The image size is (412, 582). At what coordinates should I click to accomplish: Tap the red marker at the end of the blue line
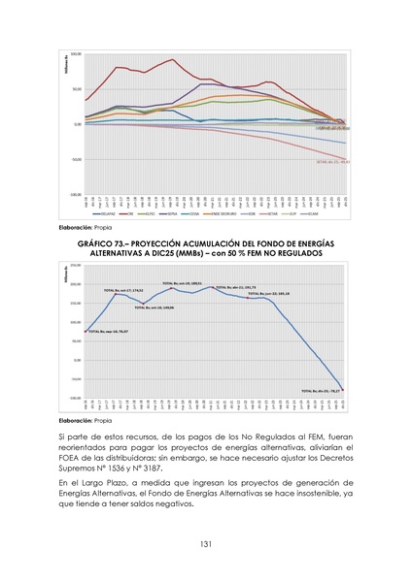(x=344, y=389)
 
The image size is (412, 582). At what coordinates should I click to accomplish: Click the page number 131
(x=206, y=543)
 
